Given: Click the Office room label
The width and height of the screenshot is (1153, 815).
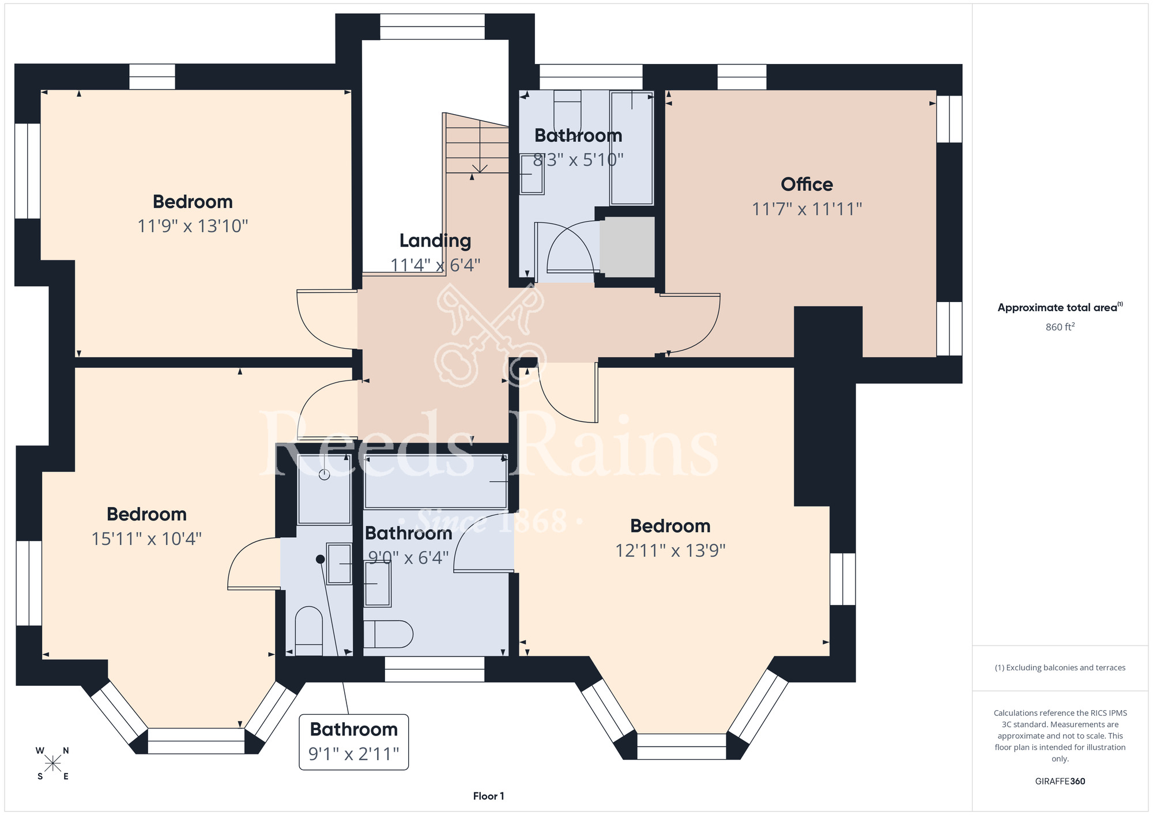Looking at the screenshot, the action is pyautogui.click(x=807, y=184).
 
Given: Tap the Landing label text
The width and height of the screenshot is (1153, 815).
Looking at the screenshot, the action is pyautogui.click(x=435, y=241).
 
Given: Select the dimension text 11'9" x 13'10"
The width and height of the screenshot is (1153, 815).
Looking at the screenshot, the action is pyautogui.click(x=193, y=226).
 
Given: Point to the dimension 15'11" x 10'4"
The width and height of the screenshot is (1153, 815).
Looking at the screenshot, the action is pyautogui.click(x=146, y=539).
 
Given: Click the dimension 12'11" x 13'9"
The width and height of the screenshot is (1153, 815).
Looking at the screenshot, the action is pyautogui.click(x=670, y=551).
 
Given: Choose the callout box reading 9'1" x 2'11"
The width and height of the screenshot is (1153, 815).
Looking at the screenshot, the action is pyautogui.click(x=354, y=742).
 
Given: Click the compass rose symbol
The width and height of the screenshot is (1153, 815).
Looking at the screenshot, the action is pyautogui.click(x=53, y=764).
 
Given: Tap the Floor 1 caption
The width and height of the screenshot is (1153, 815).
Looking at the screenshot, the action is pyautogui.click(x=488, y=796).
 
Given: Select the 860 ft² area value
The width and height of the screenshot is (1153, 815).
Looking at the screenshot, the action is pyautogui.click(x=1060, y=327).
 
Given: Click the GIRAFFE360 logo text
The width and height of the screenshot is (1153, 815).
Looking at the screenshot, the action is pyautogui.click(x=1060, y=782).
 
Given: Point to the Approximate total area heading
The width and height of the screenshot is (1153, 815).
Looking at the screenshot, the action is pyautogui.click(x=1060, y=307).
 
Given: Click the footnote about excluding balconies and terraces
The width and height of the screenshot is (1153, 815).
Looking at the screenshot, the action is pyautogui.click(x=1060, y=667).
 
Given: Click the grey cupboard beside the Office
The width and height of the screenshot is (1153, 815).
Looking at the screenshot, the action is pyautogui.click(x=627, y=247).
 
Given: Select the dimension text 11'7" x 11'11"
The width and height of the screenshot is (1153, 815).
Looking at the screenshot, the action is pyautogui.click(x=807, y=209).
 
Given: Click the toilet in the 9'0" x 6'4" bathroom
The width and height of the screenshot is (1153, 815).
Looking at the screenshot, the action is pyautogui.click(x=388, y=635).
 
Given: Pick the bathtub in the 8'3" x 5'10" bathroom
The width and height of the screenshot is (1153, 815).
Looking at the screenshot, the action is pyautogui.click(x=632, y=148).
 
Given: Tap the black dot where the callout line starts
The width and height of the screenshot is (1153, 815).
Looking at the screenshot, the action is pyautogui.click(x=320, y=559).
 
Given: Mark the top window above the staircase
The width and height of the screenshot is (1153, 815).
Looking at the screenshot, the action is pyautogui.click(x=432, y=27).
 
